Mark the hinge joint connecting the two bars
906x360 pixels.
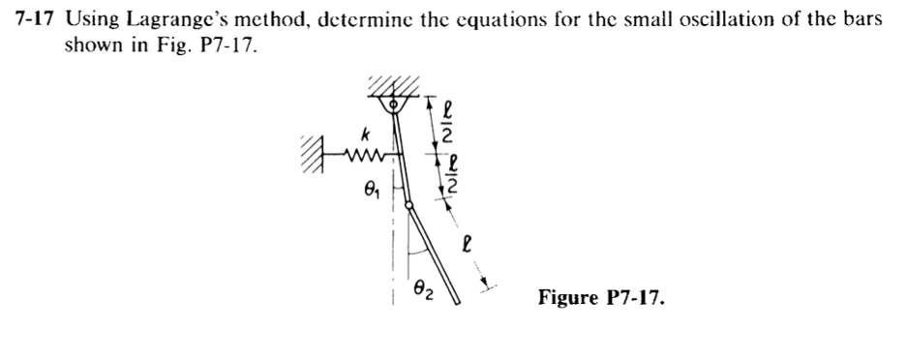(x=409, y=204)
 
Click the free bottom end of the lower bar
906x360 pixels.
(x=457, y=302)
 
